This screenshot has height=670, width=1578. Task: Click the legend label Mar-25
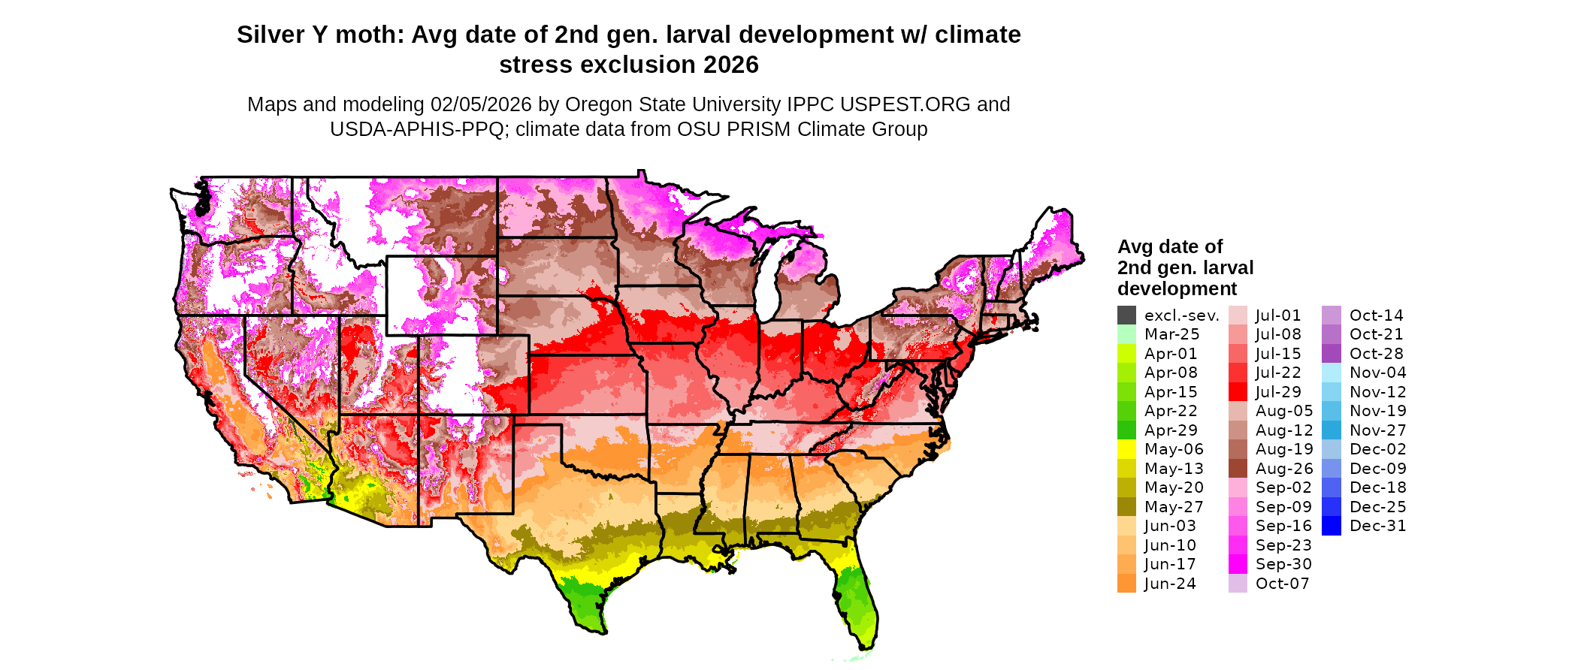point(1171,334)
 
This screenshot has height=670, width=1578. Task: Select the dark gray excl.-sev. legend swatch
point(1126,315)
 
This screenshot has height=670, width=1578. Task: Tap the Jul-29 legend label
point(1278,392)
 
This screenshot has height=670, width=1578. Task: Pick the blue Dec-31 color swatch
point(1331,526)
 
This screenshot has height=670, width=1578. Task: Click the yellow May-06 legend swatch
point(1126,449)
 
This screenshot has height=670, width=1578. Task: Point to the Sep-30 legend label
point(1283,564)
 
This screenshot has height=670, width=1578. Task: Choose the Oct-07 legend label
point(1282,584)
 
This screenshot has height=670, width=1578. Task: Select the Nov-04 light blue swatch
point(1331,373)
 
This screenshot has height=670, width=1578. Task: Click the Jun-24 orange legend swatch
point(1126,584)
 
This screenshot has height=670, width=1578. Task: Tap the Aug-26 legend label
point(1284,469)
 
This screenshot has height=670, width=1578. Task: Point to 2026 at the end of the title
point(731,65)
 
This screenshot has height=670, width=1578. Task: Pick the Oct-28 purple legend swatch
point(1331,354)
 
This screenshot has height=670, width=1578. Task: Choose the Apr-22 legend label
point(1171,411)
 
